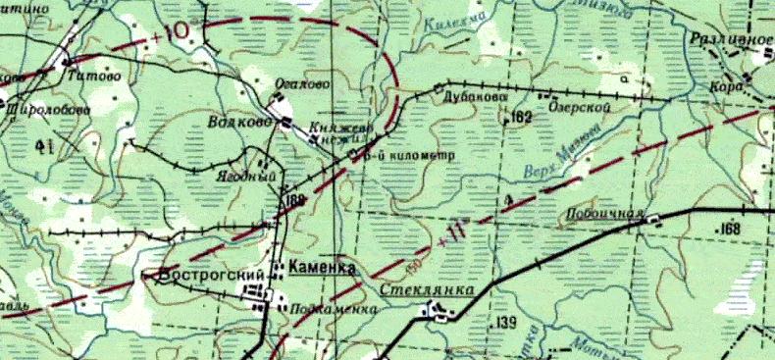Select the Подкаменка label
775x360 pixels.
[333, 309]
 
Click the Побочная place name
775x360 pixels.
[602, 214]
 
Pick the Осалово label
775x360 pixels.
[299, 85]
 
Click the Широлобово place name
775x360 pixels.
[44, 110]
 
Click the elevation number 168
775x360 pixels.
[728, 230]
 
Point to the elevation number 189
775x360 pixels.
[295, 201]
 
